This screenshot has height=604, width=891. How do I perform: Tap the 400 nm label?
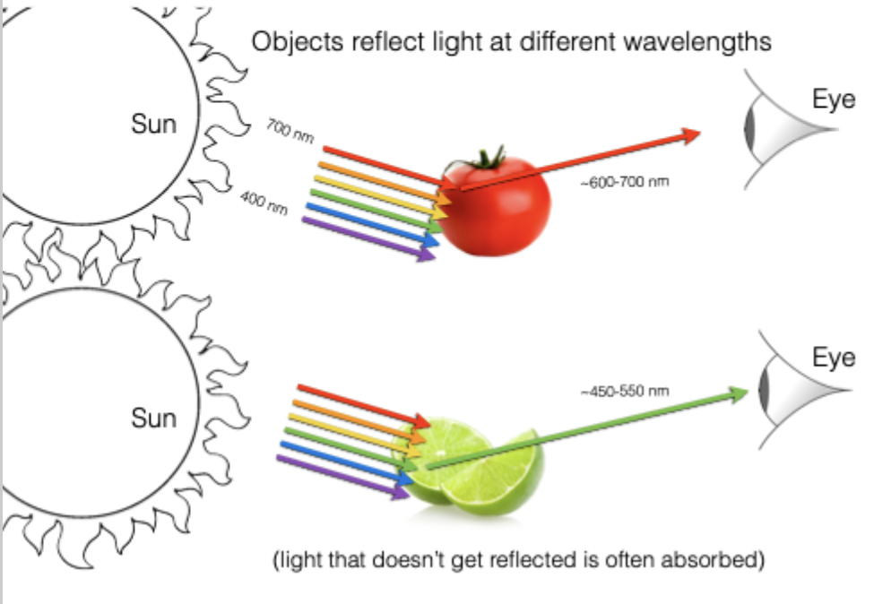[x=264, y=203]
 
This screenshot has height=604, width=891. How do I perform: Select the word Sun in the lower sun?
[x=153, y=418]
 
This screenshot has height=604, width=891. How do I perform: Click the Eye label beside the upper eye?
[x=834, y=99]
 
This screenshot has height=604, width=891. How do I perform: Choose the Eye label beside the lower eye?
[x=834, y=358]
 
